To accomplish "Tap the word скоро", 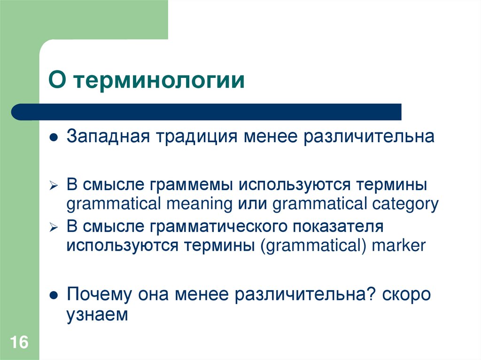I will [406, 295].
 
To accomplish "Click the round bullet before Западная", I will [54, 138].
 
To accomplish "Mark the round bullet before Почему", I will [54, 296].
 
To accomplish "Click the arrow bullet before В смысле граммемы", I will [54, 186].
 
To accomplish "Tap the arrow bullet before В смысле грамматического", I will [54, 228].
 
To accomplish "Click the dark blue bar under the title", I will [207, 112].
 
